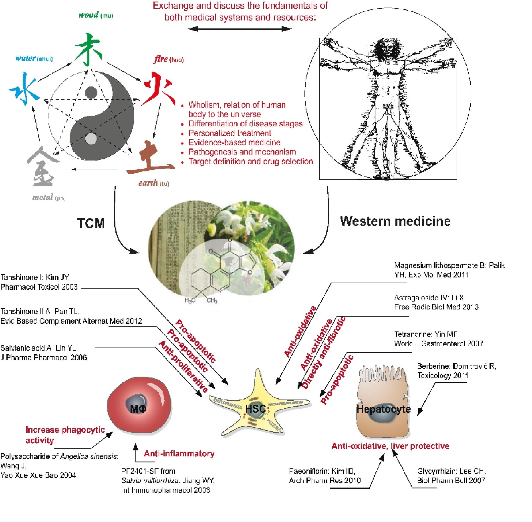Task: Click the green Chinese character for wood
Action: click(x=89, y=49)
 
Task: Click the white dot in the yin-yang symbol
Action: click(x=91, y=139)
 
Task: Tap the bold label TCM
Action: click(x=91, y=223)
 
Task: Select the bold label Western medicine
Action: click(x=395, y=221)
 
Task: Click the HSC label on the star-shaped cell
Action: click(x=256, y=409)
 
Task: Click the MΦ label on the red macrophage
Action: click(x=138, y=408)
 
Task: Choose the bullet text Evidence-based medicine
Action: click(x=234, y=143)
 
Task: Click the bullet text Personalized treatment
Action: click(x=230, y=133)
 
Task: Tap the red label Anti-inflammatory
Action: click(x=179, y=454)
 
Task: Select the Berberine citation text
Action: click(x=456, y=371)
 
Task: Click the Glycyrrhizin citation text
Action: click(x=451, y=476)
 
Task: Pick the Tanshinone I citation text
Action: click(x=39, y=282)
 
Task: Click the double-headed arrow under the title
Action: click(x=240, y=28)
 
